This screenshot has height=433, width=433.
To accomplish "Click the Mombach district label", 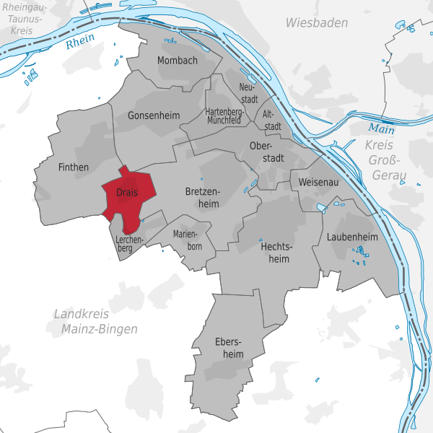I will tap(177, 61).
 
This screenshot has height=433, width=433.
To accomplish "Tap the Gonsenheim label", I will tap(152, 115).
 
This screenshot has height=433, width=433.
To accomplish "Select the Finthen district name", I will tap(73, 167).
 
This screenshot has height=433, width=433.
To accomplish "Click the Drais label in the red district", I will tap(126, 193).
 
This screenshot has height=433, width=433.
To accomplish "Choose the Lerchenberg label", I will tap(129, 243).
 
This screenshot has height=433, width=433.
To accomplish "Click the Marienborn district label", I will tap(188, 240).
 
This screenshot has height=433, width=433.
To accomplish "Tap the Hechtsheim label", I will tap(275, 252).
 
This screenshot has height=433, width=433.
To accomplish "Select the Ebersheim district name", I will tap(229, 347).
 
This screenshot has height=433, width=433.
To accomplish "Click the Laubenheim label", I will tap(352, 237).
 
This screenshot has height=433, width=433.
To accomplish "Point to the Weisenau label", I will tap(318, 183).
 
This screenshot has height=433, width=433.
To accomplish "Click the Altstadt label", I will tap(271, 120).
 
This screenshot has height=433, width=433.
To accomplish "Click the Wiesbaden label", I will tap(316, 23).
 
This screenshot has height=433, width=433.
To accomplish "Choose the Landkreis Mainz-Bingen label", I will tap(95, 321).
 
